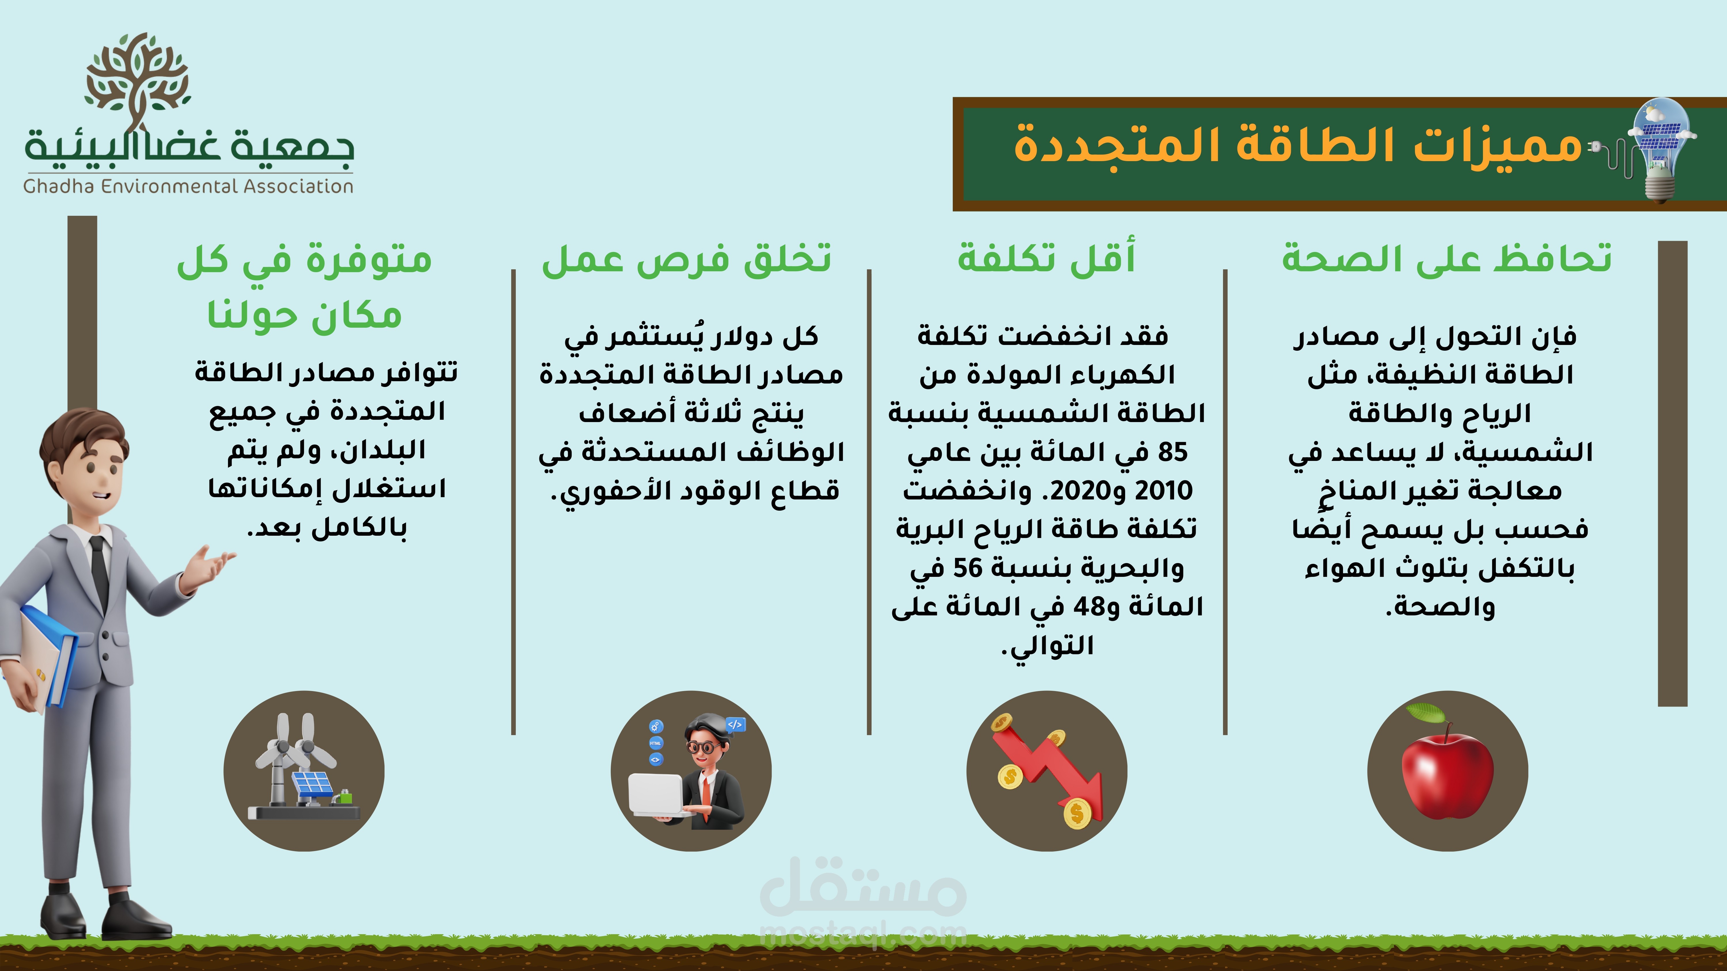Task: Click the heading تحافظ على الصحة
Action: coord(1447,258)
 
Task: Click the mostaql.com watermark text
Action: coord(863,934)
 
